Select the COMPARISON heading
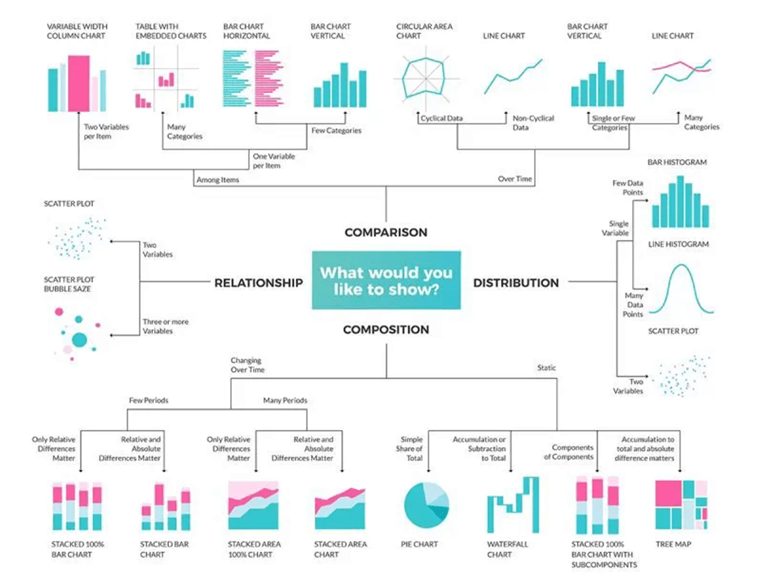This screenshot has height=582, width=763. pyautogui.click(x=386, y=232)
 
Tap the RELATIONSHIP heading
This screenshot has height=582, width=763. pyautogui.click(x=259, y=283)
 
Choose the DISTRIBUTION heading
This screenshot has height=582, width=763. pyautogui.click(x=516, y=283)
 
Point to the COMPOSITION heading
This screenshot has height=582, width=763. pyautogui.click(x=386, y=330)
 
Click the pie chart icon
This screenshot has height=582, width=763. pyautogui.click(x=425, y=503)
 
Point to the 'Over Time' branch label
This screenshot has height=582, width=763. pyautogui.click(x=515, y=179)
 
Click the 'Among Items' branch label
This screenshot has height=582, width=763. pyautogui.click(x=217, y=179)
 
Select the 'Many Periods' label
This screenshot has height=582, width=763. pyautogui.click(x=285, y=400)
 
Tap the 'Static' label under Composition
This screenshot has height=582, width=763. pyautogui.click(x=547, y=368)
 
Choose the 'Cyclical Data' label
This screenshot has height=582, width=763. pyautogui.click(x=442, y=119)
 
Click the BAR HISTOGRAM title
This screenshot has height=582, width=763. pyautogui.click(x=677, y=162)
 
